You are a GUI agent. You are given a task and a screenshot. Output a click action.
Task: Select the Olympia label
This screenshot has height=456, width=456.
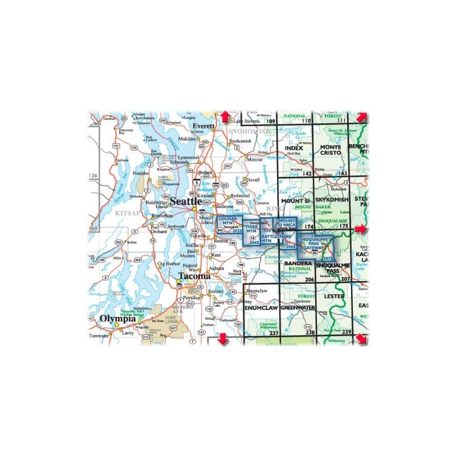[118, 318]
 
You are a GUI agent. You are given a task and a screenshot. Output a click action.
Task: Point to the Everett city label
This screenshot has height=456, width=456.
[203, 125]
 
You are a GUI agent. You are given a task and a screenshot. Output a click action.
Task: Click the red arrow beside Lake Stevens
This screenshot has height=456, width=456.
[225, 117]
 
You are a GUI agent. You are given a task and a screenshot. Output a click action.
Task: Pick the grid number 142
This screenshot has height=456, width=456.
[308, 173]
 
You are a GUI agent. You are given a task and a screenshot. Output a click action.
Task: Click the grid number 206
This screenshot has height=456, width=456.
[310, 279]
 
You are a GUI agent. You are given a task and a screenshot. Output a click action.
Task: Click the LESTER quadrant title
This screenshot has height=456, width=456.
[333, 297]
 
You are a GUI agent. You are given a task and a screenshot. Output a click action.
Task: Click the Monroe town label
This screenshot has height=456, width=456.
[254, 159]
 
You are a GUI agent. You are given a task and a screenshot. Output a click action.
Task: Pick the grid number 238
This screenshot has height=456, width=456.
[310, 332]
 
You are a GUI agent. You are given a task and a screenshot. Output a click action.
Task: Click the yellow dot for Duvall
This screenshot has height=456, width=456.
[245, 184]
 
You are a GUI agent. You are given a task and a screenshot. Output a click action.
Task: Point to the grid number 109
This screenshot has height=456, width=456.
[270, 121]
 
